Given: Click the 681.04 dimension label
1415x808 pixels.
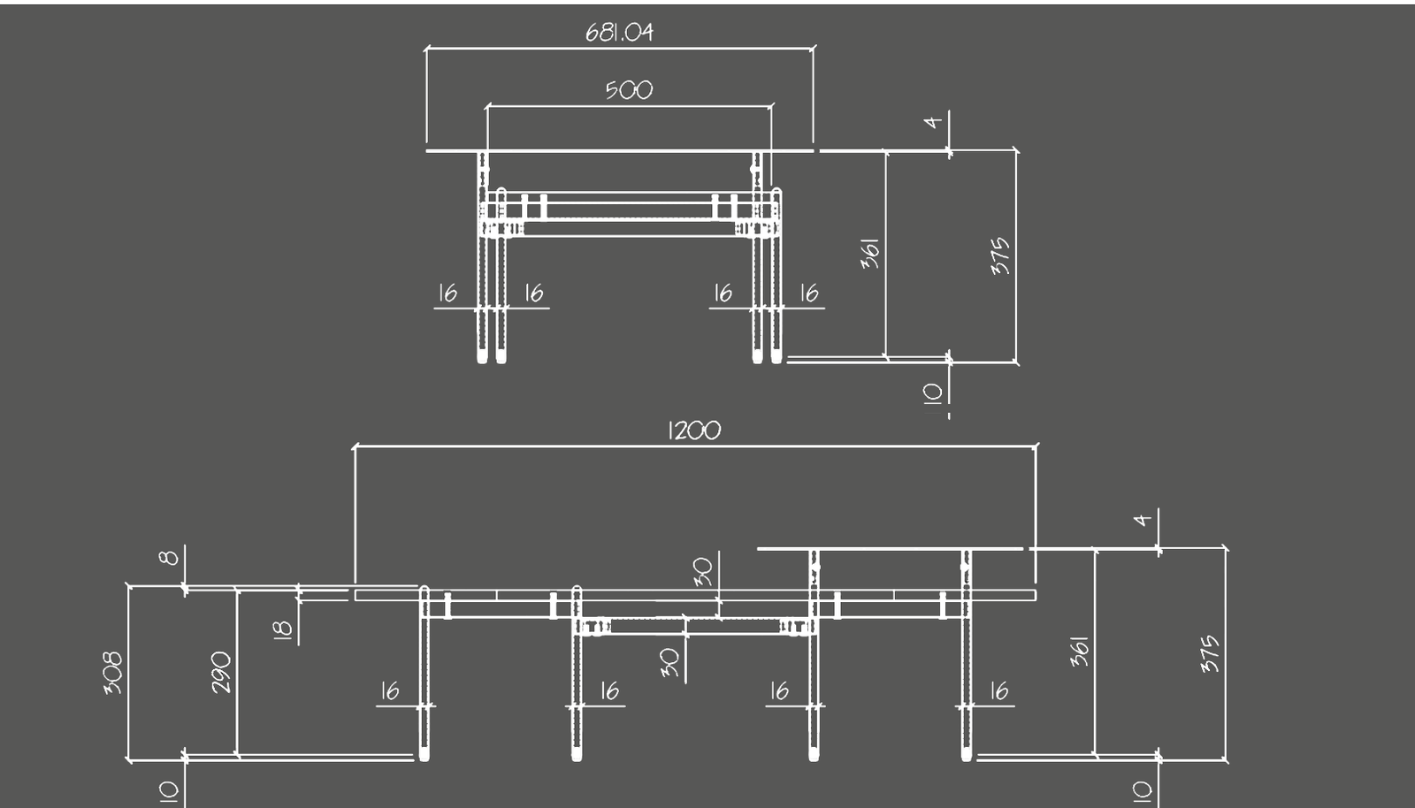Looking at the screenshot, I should coord(619,33).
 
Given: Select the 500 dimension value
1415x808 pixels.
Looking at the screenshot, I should coord(629,90).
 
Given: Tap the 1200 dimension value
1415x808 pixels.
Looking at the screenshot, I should coord(694,431).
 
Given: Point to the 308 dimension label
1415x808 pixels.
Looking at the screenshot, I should coord(113,673).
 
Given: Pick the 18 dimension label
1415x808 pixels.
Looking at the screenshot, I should coord(282,629).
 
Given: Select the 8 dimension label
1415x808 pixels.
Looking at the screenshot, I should coord(169,557).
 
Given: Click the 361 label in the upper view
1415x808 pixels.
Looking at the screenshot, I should coord(871,254).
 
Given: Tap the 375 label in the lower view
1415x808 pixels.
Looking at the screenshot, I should coord(1210,653).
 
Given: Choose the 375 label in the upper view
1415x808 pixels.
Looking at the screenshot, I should coord(1000,255).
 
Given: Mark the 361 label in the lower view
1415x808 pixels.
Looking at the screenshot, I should coord(1079,652).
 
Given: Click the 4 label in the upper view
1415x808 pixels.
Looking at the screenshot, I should coord(933,121).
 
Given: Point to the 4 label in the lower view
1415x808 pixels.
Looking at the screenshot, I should coord(1143,519).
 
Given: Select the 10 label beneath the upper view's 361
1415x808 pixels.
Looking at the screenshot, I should coord(933,393).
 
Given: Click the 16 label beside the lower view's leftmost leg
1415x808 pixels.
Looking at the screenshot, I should coord(390,690).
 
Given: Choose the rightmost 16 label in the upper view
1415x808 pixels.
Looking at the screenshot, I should coord(809,293).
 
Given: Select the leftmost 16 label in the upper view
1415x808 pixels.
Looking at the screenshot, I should coord(447,293).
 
